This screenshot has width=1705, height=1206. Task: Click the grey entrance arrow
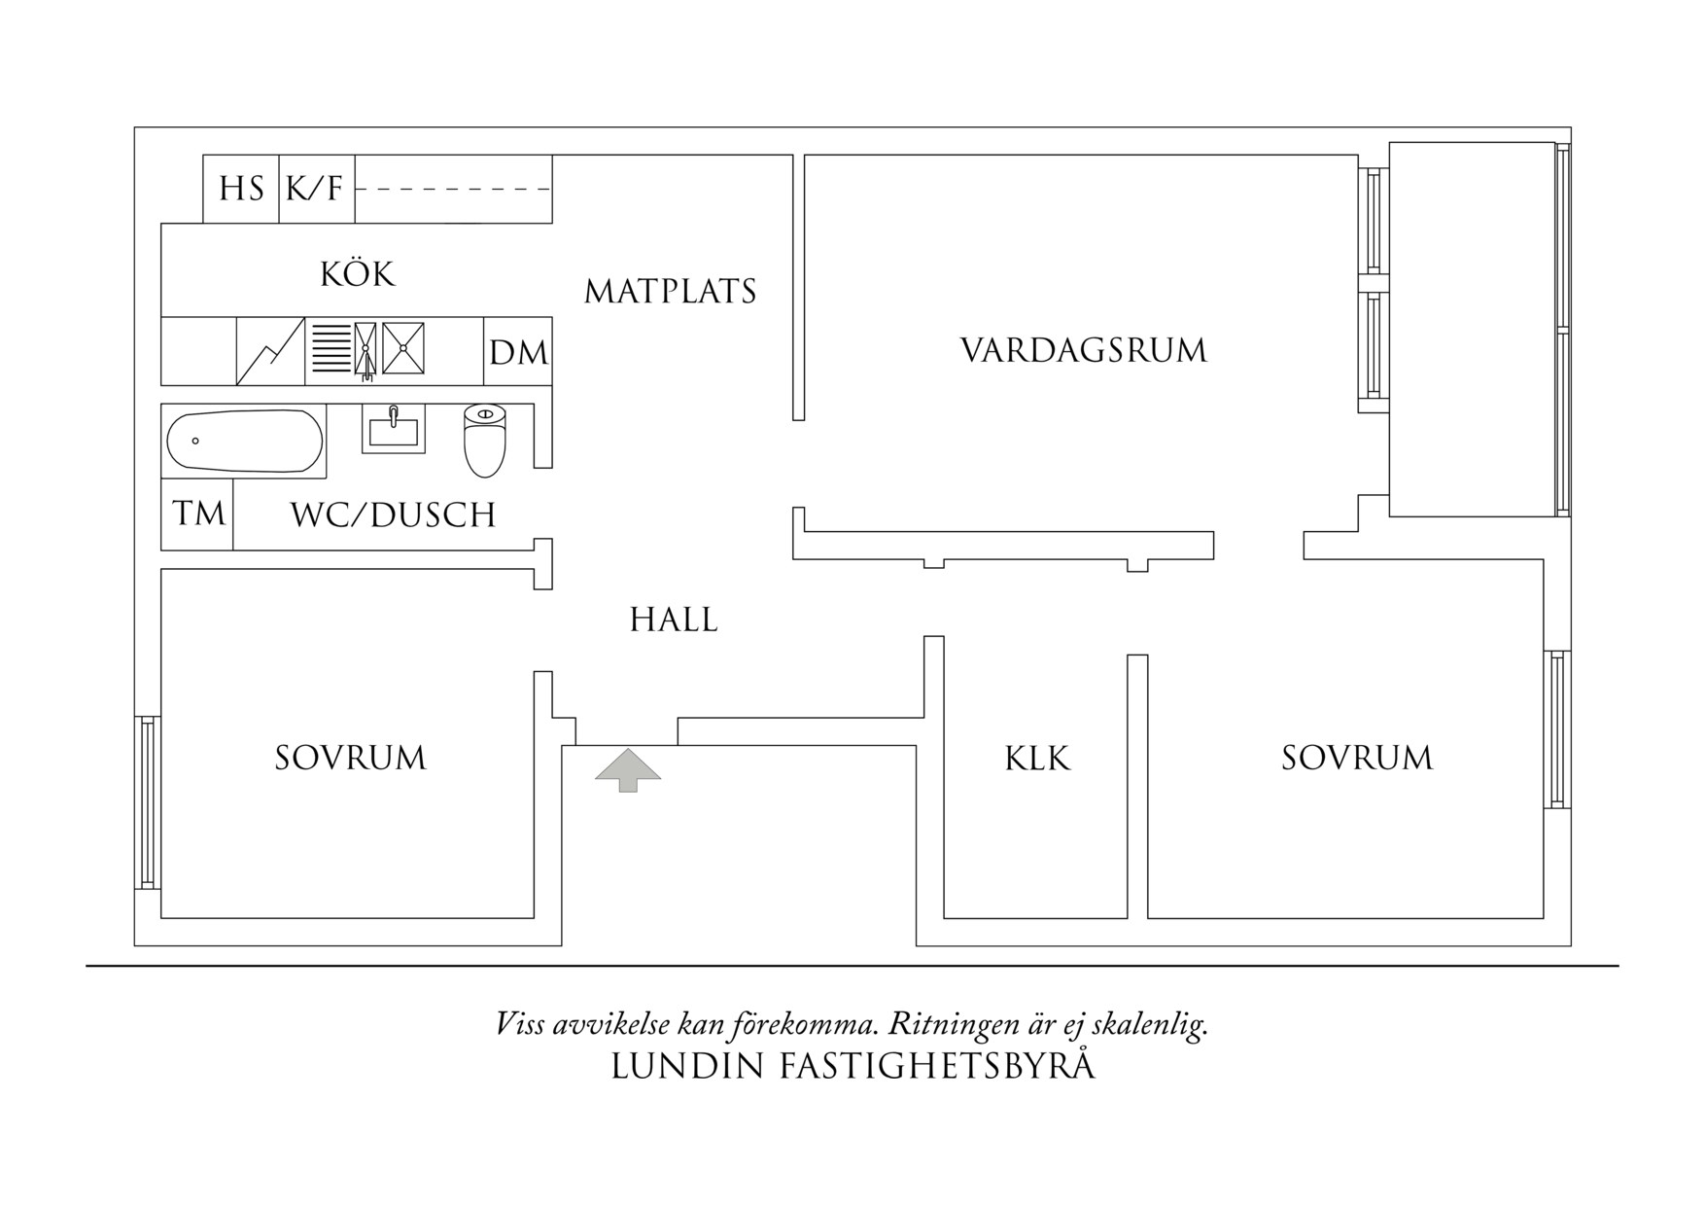tap(628, 768)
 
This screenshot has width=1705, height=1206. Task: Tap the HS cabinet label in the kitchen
tap(241, 189)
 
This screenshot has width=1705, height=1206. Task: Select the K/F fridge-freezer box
tap(316, 189)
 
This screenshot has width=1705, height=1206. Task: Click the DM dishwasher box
tap(518, 352)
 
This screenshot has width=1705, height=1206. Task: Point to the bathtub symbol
tap(244, 442)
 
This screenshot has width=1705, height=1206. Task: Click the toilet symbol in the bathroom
tap(485, 441)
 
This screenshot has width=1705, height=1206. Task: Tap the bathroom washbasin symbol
tap(394, 429)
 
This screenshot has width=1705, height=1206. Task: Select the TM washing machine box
tap(198, 514)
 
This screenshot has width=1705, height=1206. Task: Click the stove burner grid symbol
tap(331, 348)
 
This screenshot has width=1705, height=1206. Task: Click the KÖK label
tap(358, 274)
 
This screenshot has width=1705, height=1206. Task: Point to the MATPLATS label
tap(671, 291)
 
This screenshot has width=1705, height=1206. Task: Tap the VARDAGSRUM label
tap(1084, 350)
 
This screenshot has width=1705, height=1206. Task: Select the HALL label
tap(674, 620)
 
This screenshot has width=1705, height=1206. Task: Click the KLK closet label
tap(1037, 759)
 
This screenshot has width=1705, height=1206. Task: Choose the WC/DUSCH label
tap(394, 514)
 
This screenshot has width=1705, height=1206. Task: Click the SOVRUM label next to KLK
tap(1357, 758)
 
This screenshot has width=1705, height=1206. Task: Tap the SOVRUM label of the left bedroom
tap(350, 758)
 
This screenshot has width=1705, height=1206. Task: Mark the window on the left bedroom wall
tap(147, 802)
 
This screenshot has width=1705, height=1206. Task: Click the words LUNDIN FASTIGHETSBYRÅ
tap(852, 1066)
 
